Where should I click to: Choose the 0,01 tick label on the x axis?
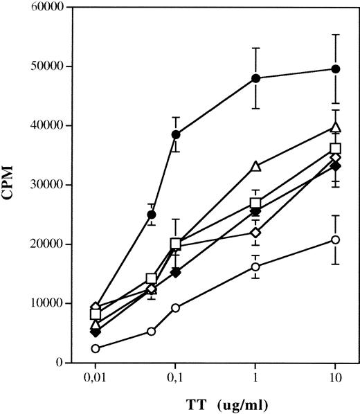click(x=95, y=379)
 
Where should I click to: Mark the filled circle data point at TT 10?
click(x=336, y=69)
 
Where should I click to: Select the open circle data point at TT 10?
click(x=336, y=240)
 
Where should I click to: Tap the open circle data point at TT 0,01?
click(x=95, y=349)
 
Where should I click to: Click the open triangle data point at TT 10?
click(x=336, y=127)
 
